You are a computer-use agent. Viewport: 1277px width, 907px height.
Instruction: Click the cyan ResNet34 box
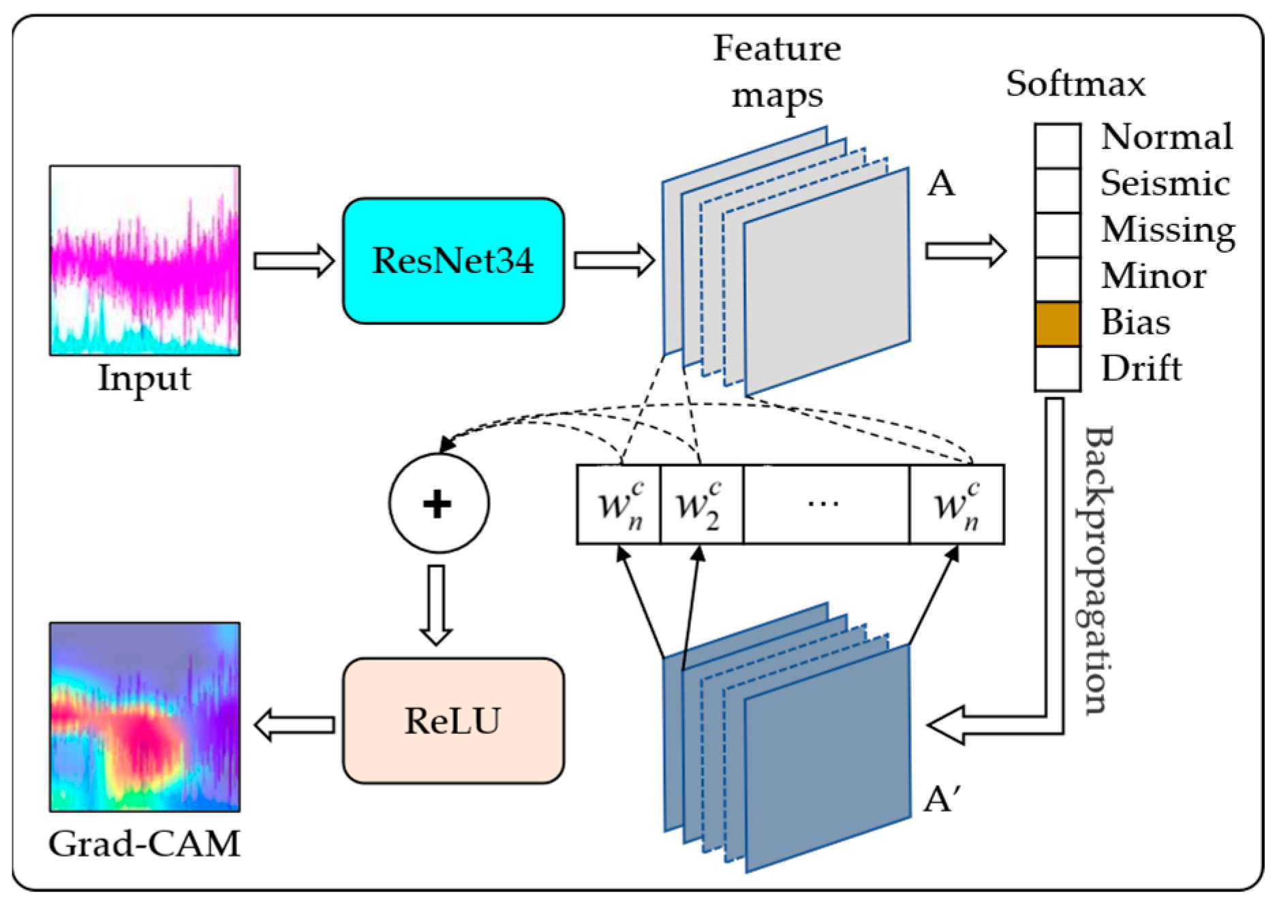tap(453, 261)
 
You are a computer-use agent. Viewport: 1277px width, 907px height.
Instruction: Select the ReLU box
tap(453, 720)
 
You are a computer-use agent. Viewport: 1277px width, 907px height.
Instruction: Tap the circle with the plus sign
tap(438, 503)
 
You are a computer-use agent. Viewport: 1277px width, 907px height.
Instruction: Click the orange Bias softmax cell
tap(1057, 324)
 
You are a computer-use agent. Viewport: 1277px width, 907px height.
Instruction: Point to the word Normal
tap(1167, 138)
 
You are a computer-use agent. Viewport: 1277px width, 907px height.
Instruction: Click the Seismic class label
tap(1165, 184)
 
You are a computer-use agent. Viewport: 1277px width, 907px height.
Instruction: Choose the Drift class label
tap(1141, 368)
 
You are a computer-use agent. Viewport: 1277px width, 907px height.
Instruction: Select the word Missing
tap(1168, 230)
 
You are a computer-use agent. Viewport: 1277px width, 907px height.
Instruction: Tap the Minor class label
tap(1153, 276)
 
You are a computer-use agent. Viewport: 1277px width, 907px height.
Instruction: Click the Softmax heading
tap(1075, 84)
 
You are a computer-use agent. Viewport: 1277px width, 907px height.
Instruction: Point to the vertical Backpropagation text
tap(1098, 571)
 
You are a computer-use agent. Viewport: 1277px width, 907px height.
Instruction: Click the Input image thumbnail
tap(144, 260)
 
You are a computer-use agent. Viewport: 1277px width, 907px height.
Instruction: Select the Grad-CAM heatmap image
tap(144, 716)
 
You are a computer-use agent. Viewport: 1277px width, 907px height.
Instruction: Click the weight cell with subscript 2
tap(701, 505)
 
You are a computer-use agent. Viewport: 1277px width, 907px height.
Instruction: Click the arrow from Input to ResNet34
tap(293, 261)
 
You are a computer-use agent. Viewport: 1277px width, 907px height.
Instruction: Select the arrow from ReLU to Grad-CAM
tap(294, 725)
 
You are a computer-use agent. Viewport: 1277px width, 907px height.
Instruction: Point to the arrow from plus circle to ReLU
tap(436, 603)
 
